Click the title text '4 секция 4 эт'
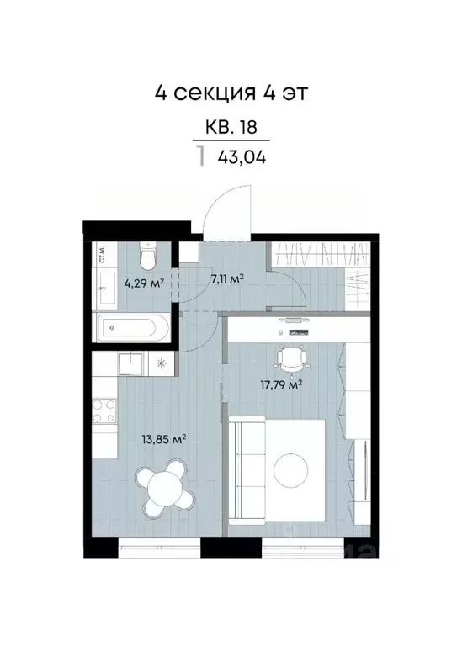click(x=227, y=92)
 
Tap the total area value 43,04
click(x=241, y=156)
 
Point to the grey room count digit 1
click(x=200, y=156)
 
